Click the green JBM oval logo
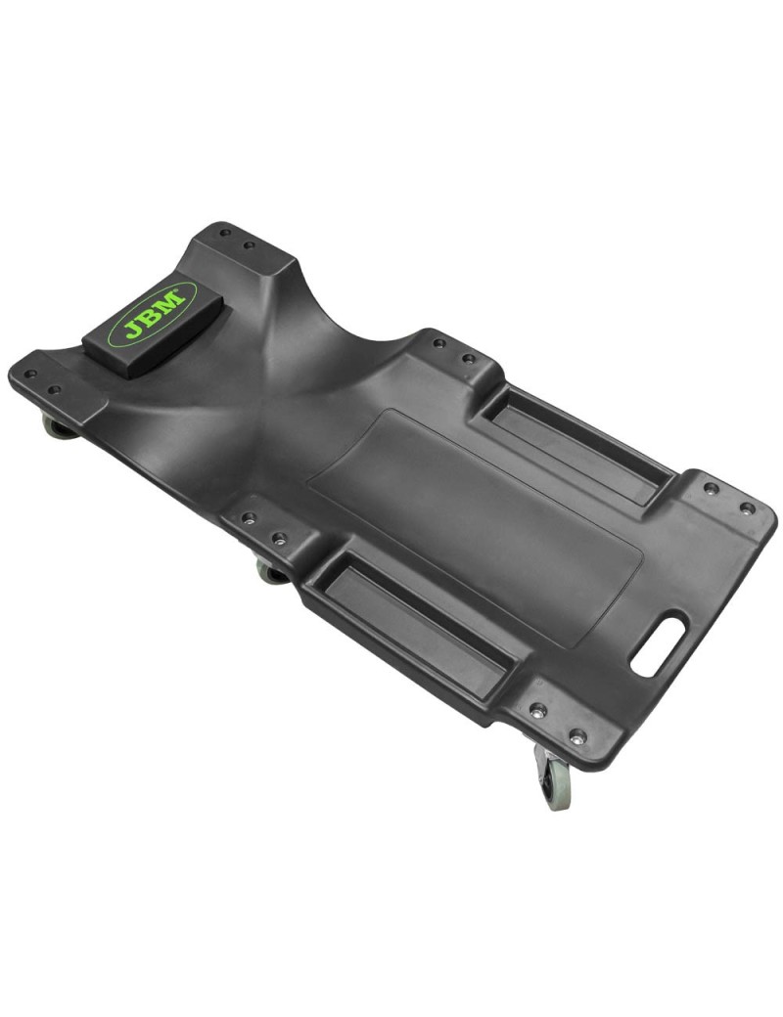point(153,314)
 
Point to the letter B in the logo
point(155,314)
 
